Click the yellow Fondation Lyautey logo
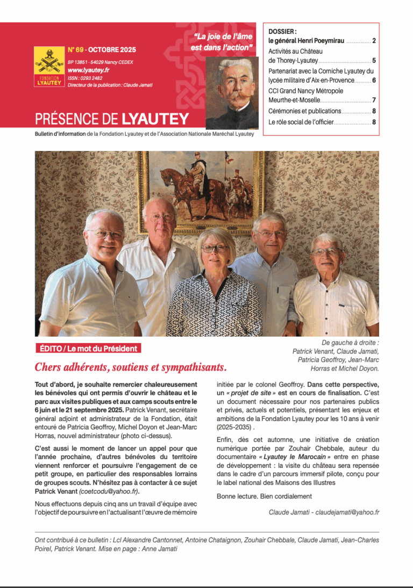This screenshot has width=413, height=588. pyautogui.click(x=49, y=67)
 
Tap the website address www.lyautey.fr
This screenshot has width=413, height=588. pyautogui.click(x=89, y=70)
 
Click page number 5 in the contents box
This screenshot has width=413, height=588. pyautogui.click(x=374, y=61)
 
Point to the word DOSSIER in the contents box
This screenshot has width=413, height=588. pyautogui.click(x=281, y=32)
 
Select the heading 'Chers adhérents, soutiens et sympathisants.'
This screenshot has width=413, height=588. pyautogui.click(x=131, y=367)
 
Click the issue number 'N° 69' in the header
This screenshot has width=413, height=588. pyautogui.click(x=75, y=50)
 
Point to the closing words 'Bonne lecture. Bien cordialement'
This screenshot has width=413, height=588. pyautogui.click(x=264, y=496)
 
